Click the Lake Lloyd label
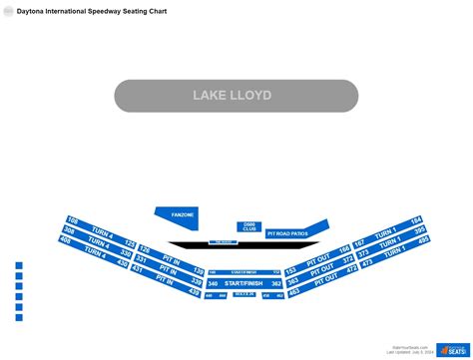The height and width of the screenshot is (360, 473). (236, 96)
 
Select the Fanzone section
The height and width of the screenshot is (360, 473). (183, 214)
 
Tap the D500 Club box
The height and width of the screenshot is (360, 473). (247, 226)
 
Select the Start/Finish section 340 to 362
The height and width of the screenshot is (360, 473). (244, 284)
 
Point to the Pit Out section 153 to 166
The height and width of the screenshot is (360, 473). (317, 260)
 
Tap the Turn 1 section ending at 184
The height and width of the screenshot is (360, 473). (389, 228)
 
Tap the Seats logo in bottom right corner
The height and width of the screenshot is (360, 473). (445, 343)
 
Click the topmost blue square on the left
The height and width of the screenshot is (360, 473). (19, 265)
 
